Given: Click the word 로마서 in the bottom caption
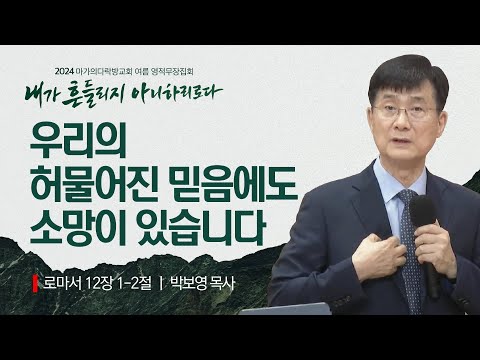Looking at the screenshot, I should click(x=62, y=283).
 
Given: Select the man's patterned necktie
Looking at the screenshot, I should click(x=409, y=230).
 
